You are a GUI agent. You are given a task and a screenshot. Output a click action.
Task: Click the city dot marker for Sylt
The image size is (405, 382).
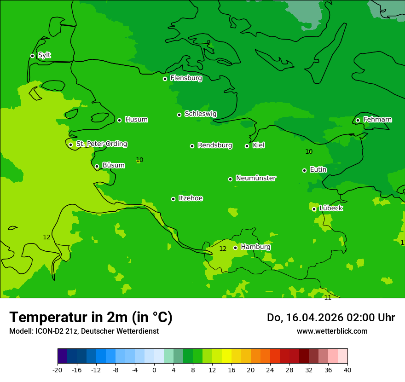tap(32, 56)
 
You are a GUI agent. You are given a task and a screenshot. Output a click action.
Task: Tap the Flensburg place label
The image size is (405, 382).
tap(186, 78)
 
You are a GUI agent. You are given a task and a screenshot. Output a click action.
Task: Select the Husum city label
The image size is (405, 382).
tap(136, 120)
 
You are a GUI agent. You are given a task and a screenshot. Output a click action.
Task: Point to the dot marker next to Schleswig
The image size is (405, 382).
tap(179, 115)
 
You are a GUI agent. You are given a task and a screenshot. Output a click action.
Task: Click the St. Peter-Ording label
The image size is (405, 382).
tap(101, 144)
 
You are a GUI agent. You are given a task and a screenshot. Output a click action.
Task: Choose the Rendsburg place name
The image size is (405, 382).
tap(214, 145)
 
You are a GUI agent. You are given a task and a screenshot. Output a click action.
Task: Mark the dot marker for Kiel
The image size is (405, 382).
tap(247, 146)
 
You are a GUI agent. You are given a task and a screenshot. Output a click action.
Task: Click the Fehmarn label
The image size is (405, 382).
tap(377, 120)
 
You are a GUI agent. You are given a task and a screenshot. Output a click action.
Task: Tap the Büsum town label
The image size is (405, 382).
tap(113, 165)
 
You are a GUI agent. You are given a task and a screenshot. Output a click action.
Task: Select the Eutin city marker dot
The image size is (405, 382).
tap(304, 170)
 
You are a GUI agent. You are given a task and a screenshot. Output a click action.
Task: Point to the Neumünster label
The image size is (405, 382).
tap(255, 178)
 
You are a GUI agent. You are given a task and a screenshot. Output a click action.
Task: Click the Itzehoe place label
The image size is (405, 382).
tap(191, 198)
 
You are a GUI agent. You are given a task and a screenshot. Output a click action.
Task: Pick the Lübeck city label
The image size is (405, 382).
tap(330, 208)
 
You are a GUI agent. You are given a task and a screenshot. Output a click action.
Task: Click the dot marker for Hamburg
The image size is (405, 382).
tap(235, 248)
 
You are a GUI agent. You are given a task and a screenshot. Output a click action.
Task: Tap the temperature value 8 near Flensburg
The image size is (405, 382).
tap(208, 42)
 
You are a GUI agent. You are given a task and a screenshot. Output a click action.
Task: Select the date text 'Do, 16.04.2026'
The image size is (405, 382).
tap(305, 318)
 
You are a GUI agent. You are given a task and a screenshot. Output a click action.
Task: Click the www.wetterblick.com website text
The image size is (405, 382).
tap(332, 331)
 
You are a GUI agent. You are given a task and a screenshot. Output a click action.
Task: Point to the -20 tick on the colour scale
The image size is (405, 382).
tap(58, 370)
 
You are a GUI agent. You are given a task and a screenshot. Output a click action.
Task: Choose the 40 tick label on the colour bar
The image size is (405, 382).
tap(347, 370)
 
